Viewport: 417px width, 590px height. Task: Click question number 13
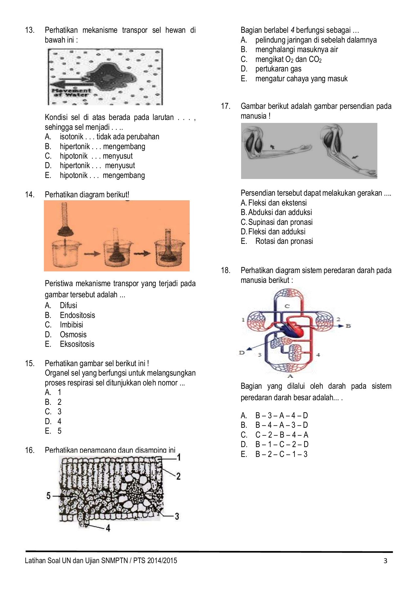coord(29,30)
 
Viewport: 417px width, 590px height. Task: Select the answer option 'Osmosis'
coord(73,334)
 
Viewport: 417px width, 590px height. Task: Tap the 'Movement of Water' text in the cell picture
coord(71,92)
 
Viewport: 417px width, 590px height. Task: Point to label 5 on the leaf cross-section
coord(48,496)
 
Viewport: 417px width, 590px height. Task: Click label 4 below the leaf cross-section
coord(108,527)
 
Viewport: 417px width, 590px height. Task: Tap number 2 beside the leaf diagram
coord(178,476)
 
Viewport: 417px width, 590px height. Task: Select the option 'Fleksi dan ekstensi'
coord(277,203)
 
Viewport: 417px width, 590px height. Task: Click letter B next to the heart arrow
coord(348,326)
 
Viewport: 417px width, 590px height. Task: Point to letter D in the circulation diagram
coord(242,353)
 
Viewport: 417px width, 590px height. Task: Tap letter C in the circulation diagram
coord(287,306)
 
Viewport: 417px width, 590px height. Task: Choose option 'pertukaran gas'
coord(278,69)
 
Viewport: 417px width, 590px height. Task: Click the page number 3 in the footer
coord(385,560)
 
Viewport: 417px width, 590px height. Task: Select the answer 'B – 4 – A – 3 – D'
coord(281,425)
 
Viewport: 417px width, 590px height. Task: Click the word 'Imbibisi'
coord(71,324)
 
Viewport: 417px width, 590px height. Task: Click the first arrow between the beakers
coord(92,253)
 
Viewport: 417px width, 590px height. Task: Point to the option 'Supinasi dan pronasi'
coord(280,222)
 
